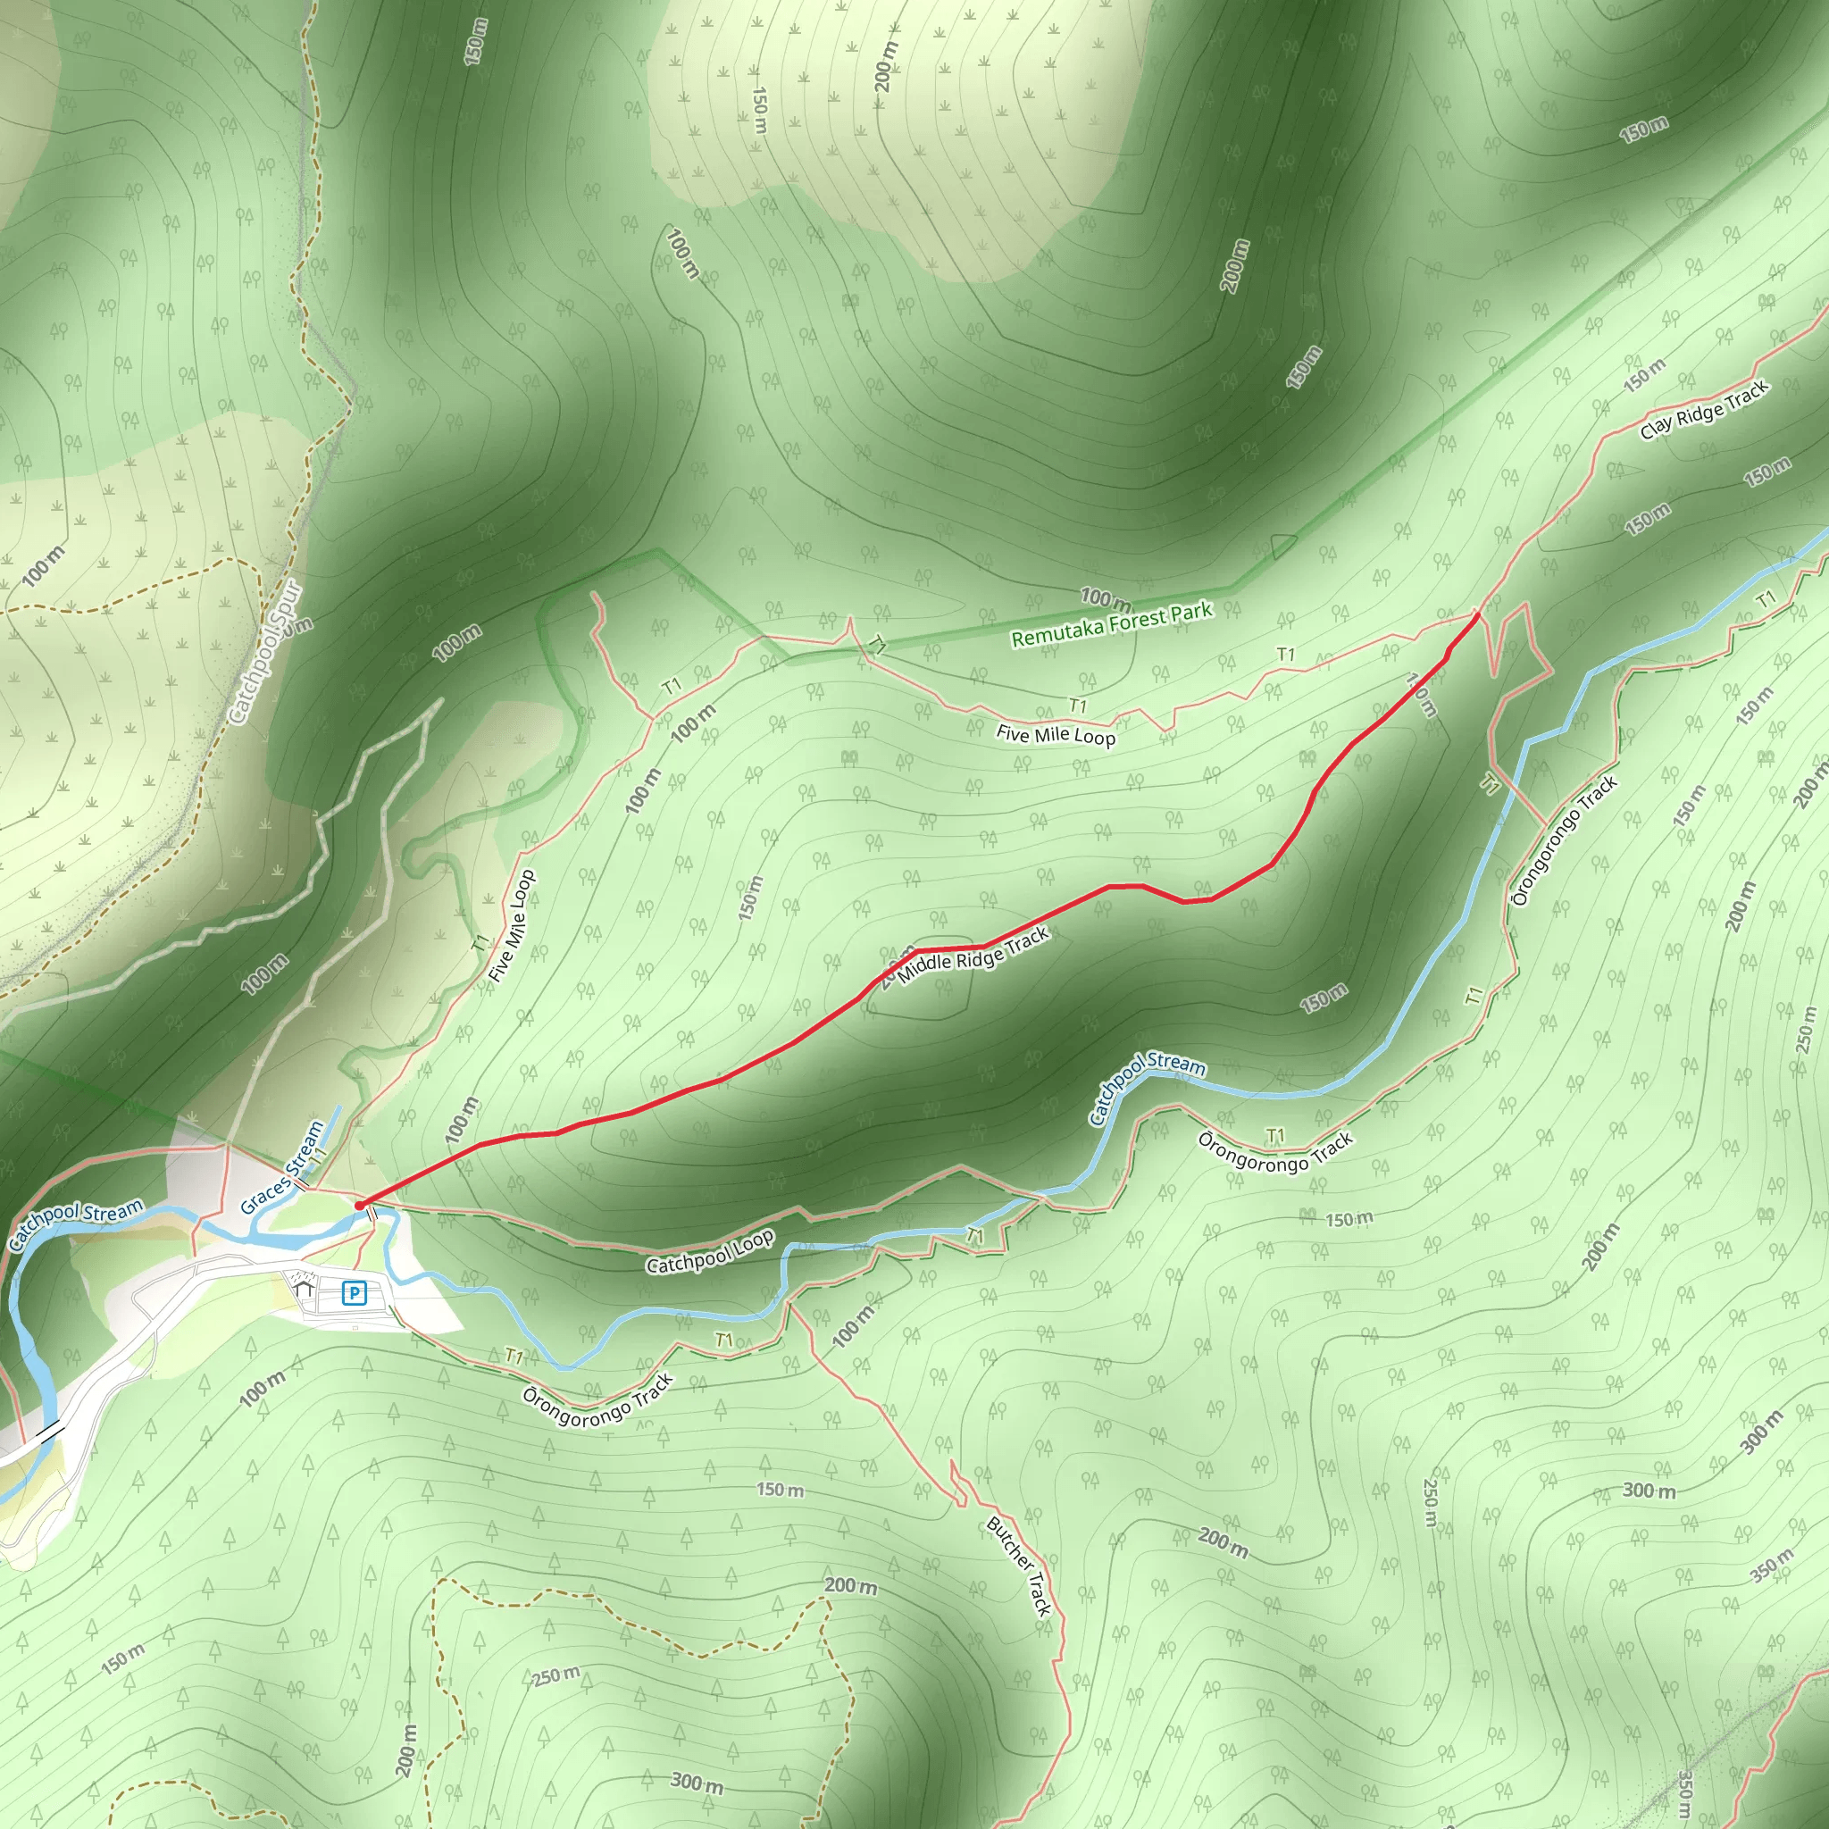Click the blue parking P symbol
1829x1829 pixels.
pos(354,1292)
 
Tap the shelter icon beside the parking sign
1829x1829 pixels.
pos(304,1289)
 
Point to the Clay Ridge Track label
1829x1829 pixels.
pos(1704,409)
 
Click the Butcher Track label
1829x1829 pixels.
pos(1019,1565)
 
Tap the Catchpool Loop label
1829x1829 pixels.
pos(710,1251)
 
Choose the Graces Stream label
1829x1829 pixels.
pos(282,1167)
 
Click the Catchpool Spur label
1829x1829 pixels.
pos(266,653)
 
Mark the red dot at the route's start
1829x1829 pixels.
pos(359,1205)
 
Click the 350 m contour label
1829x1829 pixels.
pos(1771,1565)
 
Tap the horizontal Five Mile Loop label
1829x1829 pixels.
pos(1056,735)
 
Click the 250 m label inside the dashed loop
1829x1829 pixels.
pos(555,1675)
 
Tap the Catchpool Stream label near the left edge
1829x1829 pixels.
pos(76,1224)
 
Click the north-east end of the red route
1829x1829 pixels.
pos(1477,614)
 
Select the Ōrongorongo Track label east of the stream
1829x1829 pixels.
pos(1564,840)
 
